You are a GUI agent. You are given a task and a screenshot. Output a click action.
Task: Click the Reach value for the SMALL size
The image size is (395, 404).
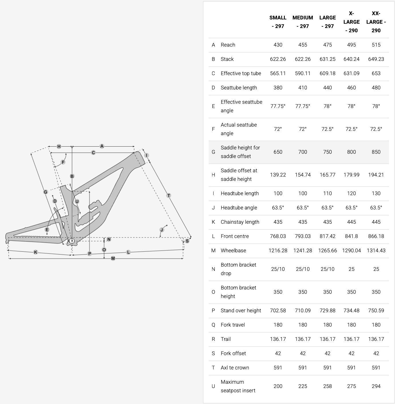[278, 45]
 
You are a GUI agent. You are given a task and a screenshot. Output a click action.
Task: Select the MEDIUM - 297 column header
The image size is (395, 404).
[303, 22]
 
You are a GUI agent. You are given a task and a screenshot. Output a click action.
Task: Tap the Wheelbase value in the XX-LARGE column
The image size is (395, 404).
[376, 251]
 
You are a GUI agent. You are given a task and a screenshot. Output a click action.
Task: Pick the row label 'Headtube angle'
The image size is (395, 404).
[239, 208]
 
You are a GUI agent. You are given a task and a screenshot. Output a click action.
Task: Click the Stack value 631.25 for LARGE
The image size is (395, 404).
[327, 59]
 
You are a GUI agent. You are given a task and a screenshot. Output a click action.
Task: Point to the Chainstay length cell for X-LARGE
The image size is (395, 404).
[351, 222]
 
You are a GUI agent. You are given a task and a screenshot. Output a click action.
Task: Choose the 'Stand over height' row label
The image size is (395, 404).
[241, 311]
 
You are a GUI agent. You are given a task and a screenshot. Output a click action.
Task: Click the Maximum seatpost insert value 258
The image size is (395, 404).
[327, 386]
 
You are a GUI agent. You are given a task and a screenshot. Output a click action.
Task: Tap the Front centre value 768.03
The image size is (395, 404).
[278, 236]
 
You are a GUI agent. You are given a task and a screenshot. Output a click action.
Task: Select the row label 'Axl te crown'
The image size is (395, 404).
[235, 368]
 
